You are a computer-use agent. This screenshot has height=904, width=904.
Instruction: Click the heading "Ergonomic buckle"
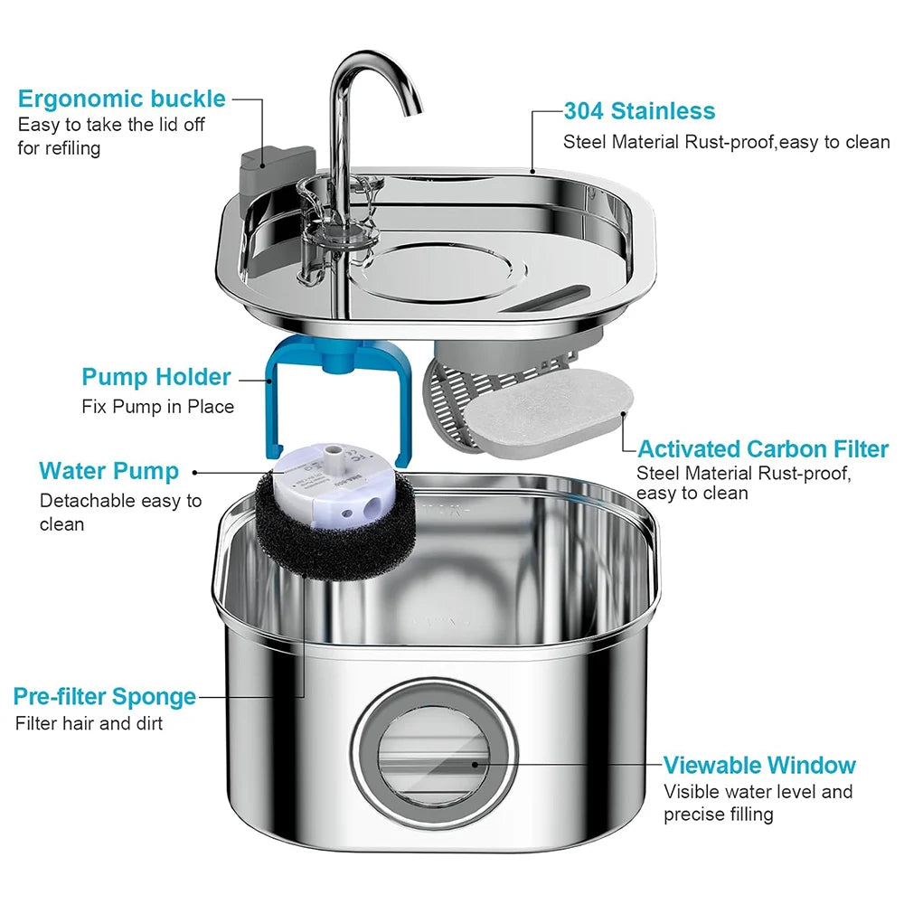(x=121, y=99)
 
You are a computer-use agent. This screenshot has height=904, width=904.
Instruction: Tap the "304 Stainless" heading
(x=639, y=111)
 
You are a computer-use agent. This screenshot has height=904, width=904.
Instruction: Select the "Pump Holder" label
(x=156, y=377)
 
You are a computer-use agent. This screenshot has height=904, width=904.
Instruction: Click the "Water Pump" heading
(x=108, y=471)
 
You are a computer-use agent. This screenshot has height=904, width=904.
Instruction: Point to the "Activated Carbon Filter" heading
(x=763, y=449)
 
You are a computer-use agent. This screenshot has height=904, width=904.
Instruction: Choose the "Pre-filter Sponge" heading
(x=105, y=697)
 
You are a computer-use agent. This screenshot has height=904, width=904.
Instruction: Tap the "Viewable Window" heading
(x=759, y=766)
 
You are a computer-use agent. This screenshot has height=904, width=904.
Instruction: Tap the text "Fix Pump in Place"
(x=157, y=407)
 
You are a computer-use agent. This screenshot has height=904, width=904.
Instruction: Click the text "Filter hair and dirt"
(x=89, y=723)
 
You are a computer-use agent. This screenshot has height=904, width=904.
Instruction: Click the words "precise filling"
(x=719, y=815)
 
